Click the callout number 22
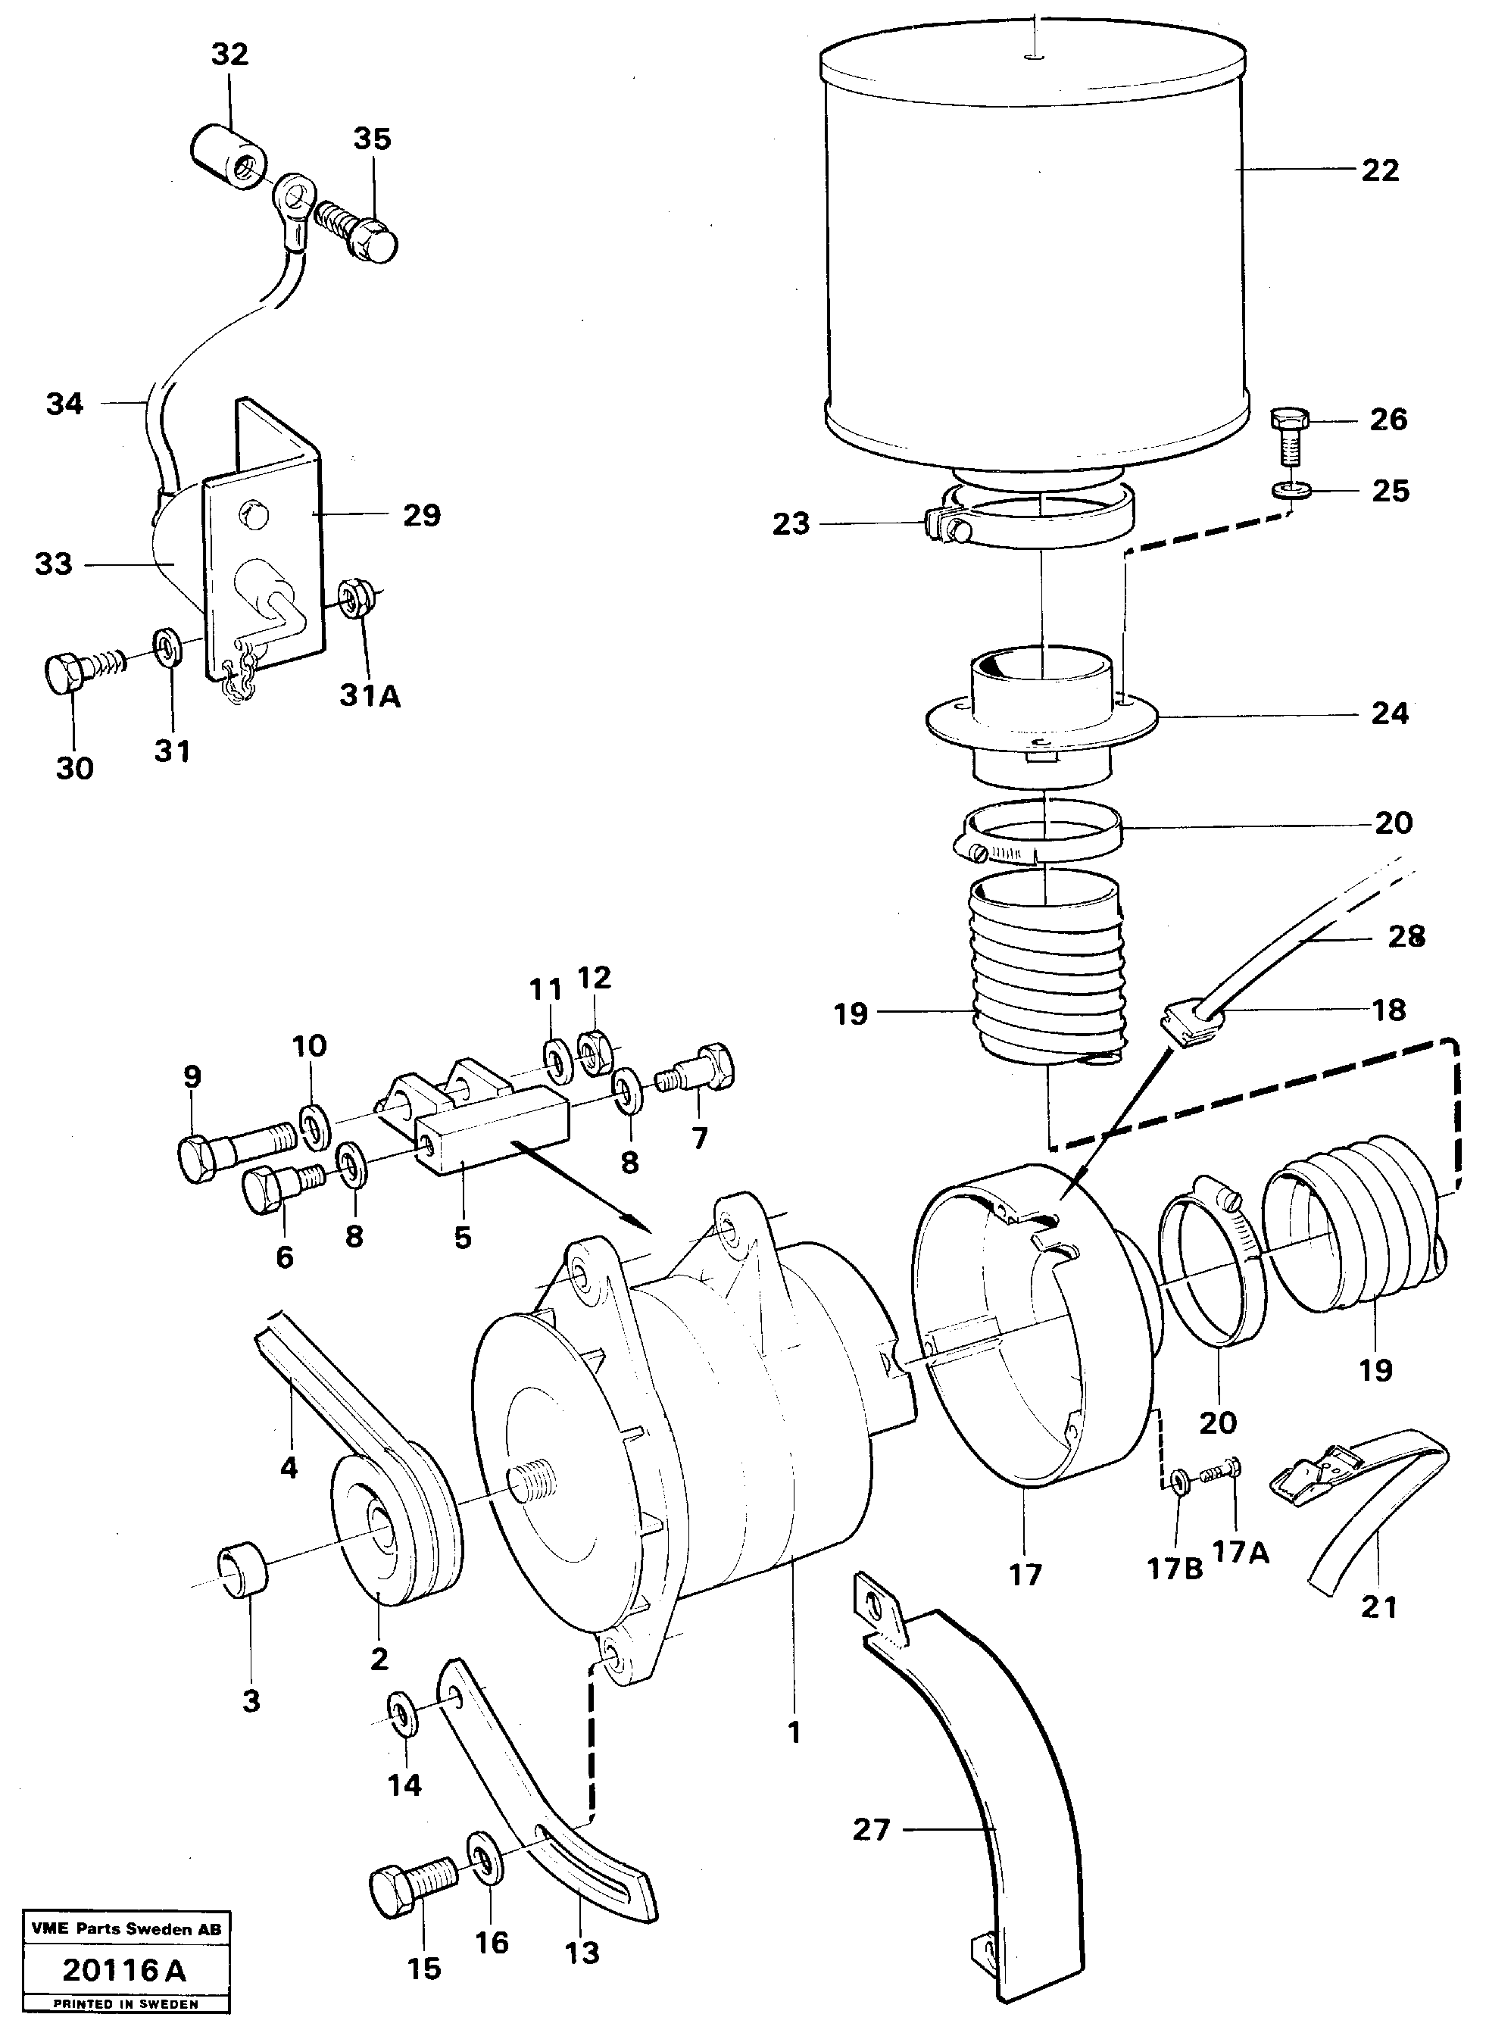tap(1379, 170)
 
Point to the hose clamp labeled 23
tap(1037, 521)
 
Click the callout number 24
tap(1389, 714)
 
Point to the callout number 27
tap(871, 1830)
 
